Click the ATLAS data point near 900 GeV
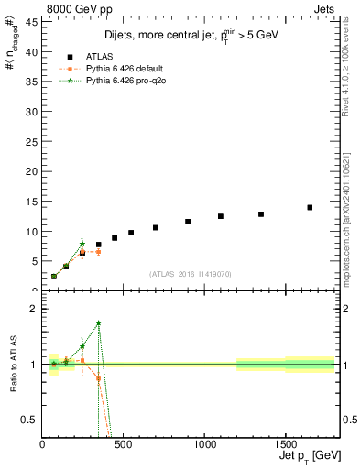(x=188, y=222)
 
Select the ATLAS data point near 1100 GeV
(x=221, y=216)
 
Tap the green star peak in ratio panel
(x=99, y=322)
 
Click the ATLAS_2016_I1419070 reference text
(x=189, y=274)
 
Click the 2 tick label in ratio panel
(x=36, y=309)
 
